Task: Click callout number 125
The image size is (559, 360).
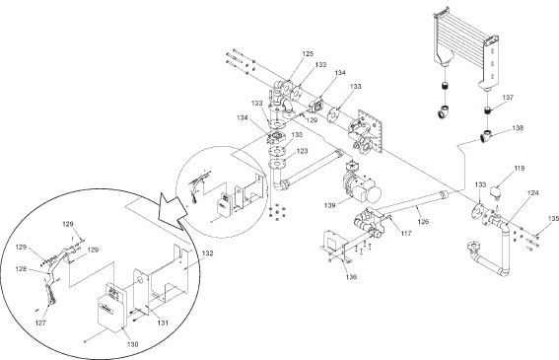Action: (308, 54)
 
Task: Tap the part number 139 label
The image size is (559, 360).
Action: (329, 205)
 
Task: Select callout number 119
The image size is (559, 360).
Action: (520, 168)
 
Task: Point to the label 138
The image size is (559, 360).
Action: (518, 128)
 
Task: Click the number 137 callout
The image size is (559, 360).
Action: (508, 98)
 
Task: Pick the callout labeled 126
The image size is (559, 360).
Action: (423, 222)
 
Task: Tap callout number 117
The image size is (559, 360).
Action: (406, 234)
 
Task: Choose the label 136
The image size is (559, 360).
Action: (351, 277)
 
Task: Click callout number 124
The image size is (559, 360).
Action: (533, 193)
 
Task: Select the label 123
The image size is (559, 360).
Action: (302, 151)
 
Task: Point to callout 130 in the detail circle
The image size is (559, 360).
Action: (132, 344)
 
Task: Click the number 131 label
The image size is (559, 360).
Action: (163, 323)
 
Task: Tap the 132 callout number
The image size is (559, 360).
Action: (207, 253)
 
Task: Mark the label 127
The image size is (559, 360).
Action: (41, 323)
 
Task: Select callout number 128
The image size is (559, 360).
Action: (21, 269)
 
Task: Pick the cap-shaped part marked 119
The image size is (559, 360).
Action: (496, 191)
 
